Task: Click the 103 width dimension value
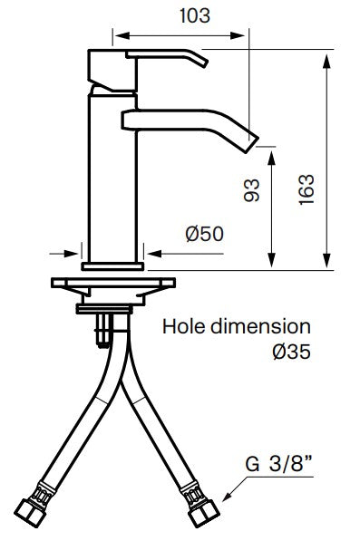pyautogui.click(x=194, y=16)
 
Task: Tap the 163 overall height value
pyautogui.click(x=306, y=189)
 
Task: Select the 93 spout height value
pyautogui.click(x=251, y=190)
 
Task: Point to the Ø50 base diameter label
pyautogui.click(x=205, y=234)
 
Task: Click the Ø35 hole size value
pyautogui.click(x=291, y=352)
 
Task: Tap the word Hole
pyautogui.click(x=184, y=326)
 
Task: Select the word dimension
pyautogui.click(x=260, y=326)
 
